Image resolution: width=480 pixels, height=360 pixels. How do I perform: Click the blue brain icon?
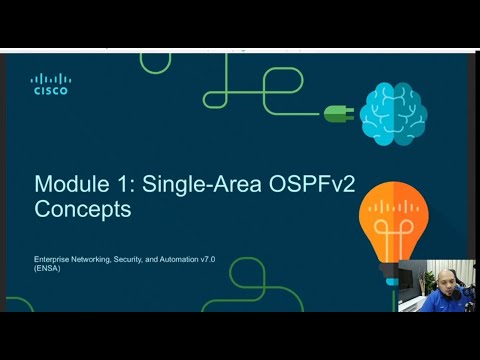pyautogui.click(x=393, y=112)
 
